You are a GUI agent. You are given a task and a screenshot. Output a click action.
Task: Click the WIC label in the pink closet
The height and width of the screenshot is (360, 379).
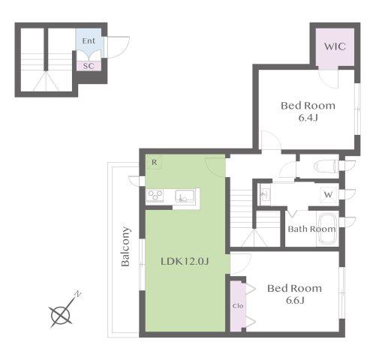click(x=335, y=46)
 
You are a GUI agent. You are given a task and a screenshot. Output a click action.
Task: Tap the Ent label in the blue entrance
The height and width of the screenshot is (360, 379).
click(x=89, y=40)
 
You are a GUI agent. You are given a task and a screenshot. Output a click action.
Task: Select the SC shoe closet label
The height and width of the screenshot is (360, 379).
click(x=89, y=66)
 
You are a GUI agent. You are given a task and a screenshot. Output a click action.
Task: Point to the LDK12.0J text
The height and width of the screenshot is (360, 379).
click(x=185, y=262)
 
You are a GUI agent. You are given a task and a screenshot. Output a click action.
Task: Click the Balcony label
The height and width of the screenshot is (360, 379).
click(x=125, y=246)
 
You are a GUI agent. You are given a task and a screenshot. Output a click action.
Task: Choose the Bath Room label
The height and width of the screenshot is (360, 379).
click(x=311, y=229)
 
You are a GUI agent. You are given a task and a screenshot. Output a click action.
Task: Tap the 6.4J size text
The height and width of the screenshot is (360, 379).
click(x=308, y=118)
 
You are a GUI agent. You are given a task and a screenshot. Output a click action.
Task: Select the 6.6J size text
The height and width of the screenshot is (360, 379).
click(x=295, y=300)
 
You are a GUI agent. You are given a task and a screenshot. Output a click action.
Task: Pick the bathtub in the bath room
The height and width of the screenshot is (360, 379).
click(x=328, y=229)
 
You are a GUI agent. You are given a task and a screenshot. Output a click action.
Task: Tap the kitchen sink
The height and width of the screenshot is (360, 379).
click(x=185, y=196)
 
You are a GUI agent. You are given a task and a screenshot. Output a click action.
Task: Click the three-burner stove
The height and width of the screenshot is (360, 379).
click(x=155, y=196)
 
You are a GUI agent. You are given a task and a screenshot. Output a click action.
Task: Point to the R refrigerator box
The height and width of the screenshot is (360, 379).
click(x=154, y=162)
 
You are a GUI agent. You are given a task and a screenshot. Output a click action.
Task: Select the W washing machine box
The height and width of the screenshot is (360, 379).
click(x=328, y=194)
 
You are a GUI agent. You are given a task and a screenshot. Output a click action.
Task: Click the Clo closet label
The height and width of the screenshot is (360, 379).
click(x=238, y=306)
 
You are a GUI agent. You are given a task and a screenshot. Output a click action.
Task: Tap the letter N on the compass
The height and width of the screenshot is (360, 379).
click(x=78, y=294)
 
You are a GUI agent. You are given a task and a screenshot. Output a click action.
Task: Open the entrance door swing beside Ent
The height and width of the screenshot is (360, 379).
click(x=119, y=47)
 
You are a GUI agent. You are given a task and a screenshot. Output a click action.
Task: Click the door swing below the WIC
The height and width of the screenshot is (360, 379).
click(x=328, y=77)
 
